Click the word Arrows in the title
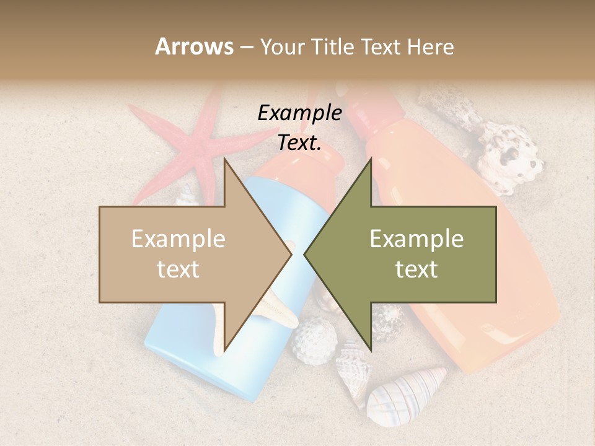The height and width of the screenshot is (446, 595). click(194, 46)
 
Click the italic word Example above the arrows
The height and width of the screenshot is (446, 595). click(299, 113)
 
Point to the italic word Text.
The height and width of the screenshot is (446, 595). click(299, 143)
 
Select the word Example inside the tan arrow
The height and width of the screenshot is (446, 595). click(178, 239)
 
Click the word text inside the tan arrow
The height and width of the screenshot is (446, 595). click(178, 269)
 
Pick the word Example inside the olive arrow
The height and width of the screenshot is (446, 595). click(416, 239)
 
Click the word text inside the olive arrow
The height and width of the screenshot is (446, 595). click(416, 269)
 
